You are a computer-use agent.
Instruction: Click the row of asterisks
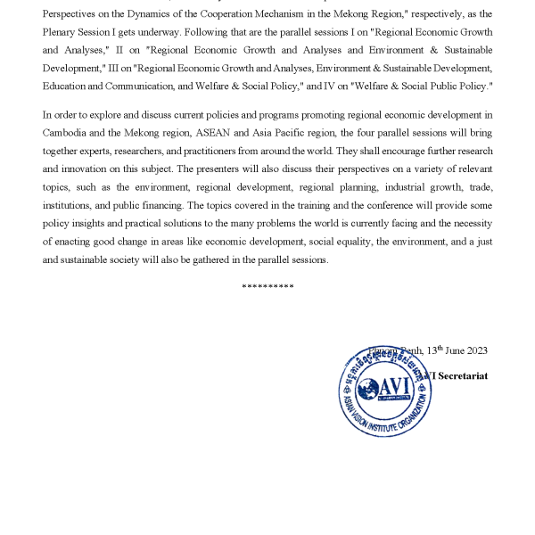pos(267,285)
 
